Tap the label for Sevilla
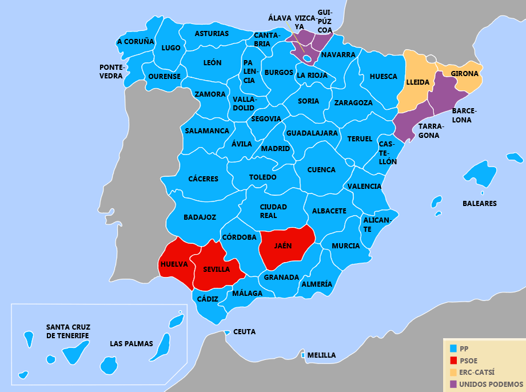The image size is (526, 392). tap(217, 269)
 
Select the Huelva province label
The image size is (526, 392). tap(174, 264)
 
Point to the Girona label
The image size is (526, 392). tap(464, 74)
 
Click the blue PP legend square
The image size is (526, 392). tap(453, 348)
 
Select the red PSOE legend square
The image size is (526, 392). tap(453, 360)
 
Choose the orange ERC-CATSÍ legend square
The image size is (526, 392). tap(453, 372)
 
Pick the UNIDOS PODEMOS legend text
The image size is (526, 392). tap(491, 384)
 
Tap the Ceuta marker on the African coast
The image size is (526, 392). tap(227, 332)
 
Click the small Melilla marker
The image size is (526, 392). tap(302, 355)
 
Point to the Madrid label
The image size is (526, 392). tap(276, 149)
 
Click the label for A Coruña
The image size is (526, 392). tap(136, 42)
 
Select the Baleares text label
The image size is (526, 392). tap(479, 203)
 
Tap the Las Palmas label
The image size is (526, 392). tap(131, 344)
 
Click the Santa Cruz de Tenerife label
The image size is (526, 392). tap(68, 331)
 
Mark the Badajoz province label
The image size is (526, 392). tap(200, 217)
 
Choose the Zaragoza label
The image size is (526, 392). tap(353, 103)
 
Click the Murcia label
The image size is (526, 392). tap(345, 246)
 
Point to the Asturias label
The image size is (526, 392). tap(212, 34)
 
